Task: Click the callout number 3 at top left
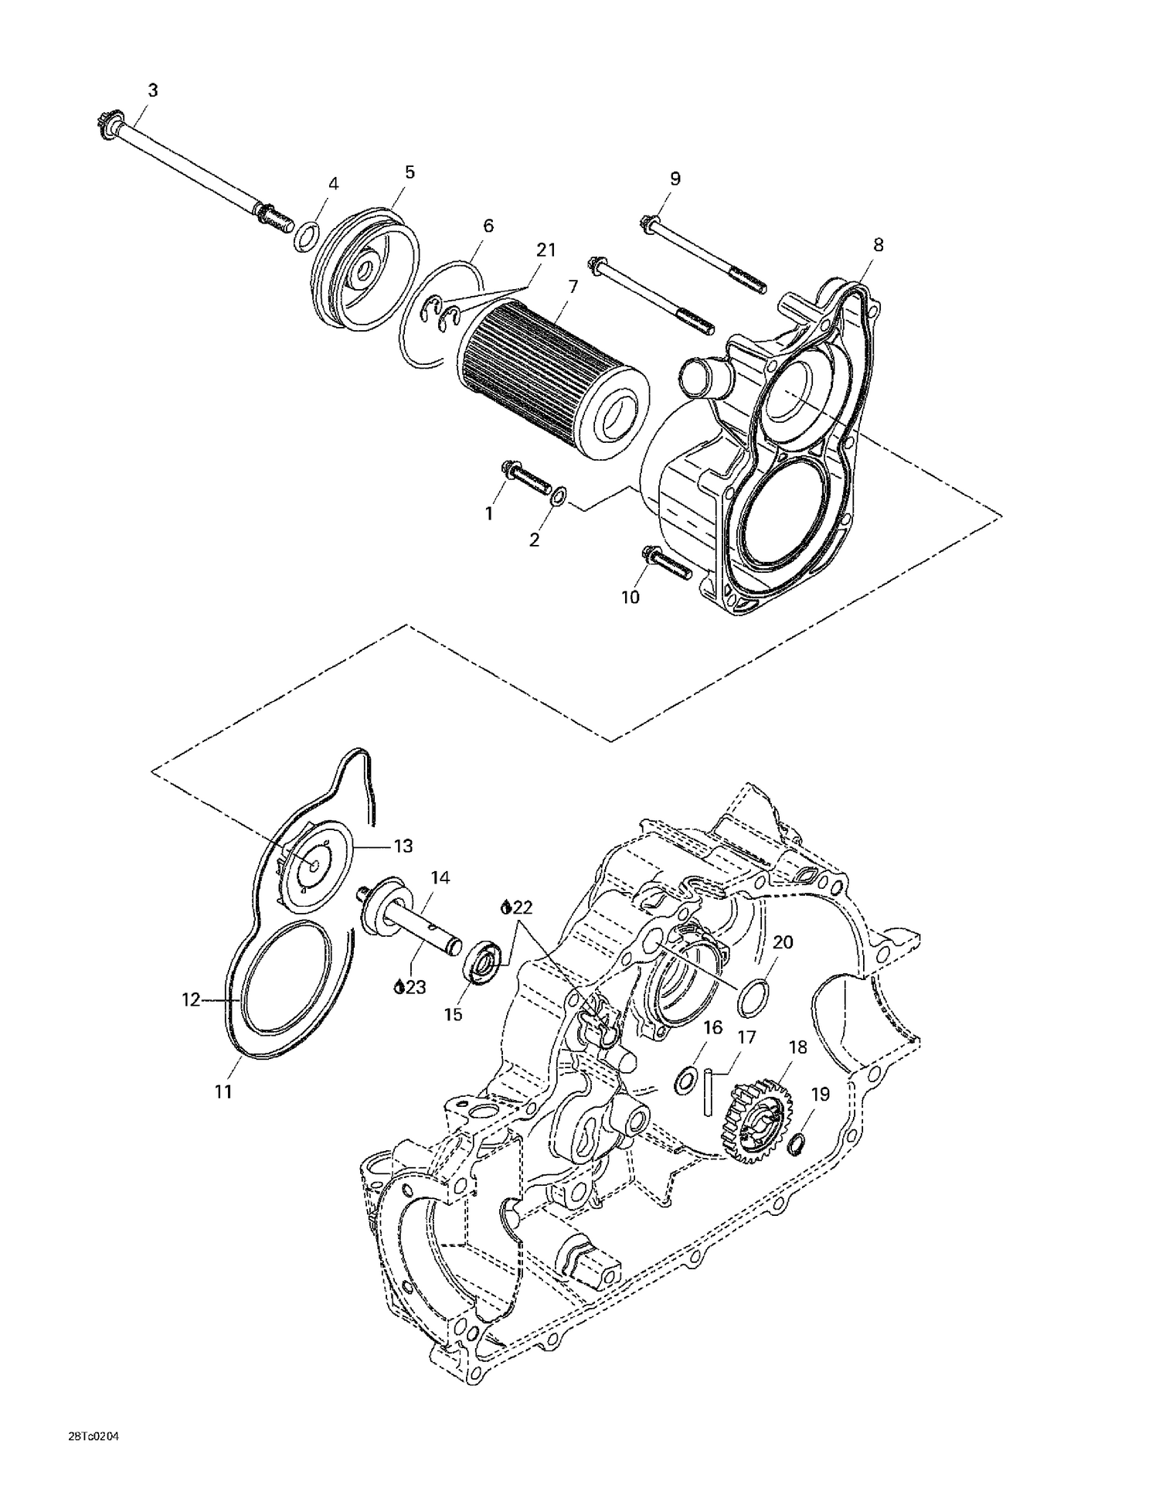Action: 153,90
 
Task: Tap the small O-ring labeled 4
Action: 306,237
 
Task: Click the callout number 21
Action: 546,250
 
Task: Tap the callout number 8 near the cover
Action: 878,245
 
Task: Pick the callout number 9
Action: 675,179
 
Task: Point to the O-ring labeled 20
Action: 753,999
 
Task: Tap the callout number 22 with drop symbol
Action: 518,907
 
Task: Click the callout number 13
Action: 403,846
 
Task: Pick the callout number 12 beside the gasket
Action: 190,999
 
